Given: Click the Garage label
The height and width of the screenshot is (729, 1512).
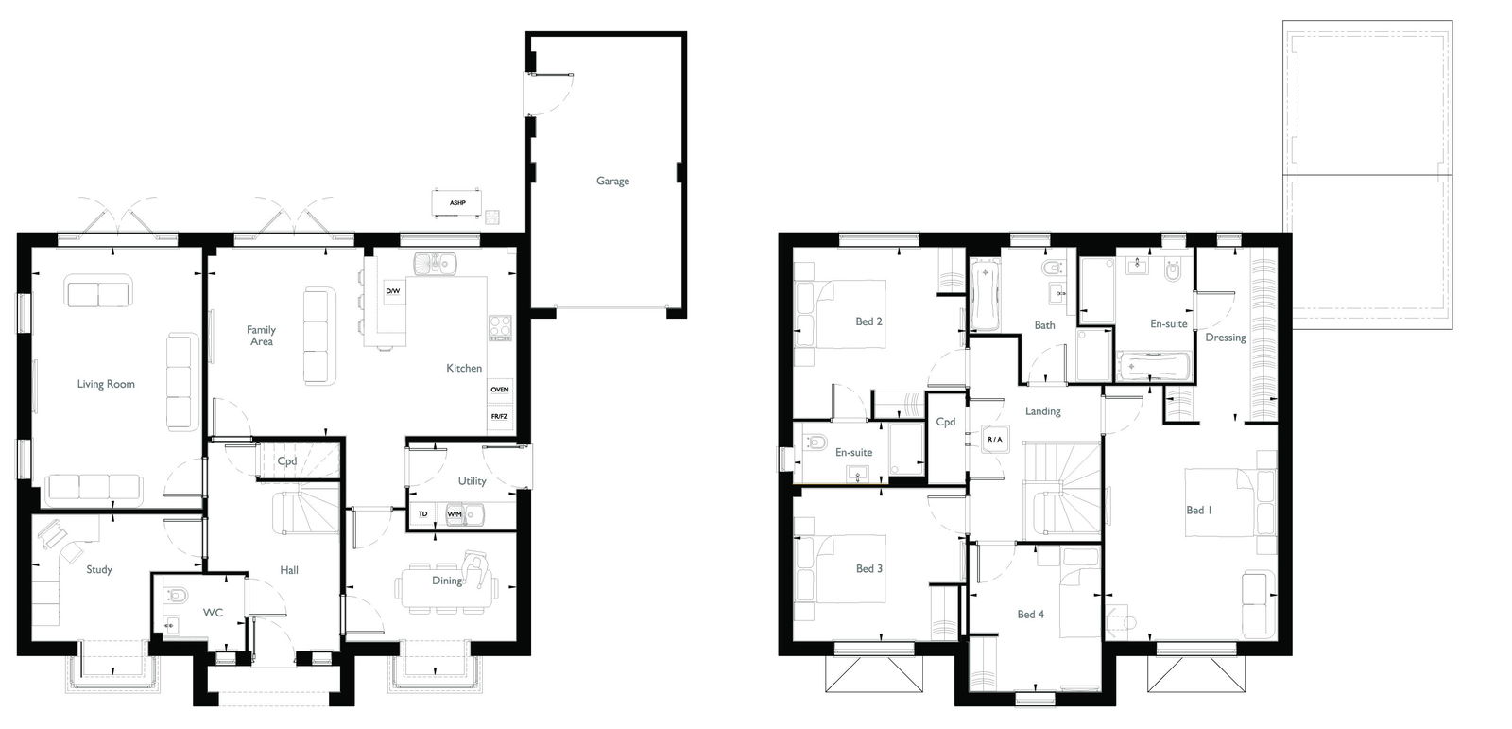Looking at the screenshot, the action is coord(612,181).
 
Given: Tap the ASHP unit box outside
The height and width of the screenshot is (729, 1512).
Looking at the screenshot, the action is coord(457,202).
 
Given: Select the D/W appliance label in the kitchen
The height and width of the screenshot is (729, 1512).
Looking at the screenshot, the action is coord(393,291).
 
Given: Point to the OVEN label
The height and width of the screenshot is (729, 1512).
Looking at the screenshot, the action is coord(500,390).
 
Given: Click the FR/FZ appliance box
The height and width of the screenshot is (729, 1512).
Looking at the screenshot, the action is coord(500,417).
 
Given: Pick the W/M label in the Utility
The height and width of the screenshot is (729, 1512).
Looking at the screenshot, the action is coord(455,514).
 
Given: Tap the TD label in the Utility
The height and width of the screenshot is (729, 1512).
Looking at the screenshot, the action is coord(422,514).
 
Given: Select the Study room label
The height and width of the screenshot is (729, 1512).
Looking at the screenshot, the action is coord(99,569).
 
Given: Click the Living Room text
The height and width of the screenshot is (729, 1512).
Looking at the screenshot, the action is coord(106,384).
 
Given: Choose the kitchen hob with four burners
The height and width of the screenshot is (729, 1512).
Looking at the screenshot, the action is coord(500,328).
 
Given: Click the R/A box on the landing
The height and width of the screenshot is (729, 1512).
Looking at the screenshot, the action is coord(995,439).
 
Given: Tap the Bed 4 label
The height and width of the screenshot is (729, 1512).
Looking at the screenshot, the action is coord(1031,615).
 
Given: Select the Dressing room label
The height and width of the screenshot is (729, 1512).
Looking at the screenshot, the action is coord(1226,338).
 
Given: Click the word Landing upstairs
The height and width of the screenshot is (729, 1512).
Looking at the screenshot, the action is coord(1043,410).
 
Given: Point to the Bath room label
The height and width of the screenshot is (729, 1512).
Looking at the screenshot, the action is coord(1045,325).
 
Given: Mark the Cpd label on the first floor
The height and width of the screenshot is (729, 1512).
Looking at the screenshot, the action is coord(946,422).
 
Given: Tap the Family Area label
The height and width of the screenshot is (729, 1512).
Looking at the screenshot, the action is coord(261,335).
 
